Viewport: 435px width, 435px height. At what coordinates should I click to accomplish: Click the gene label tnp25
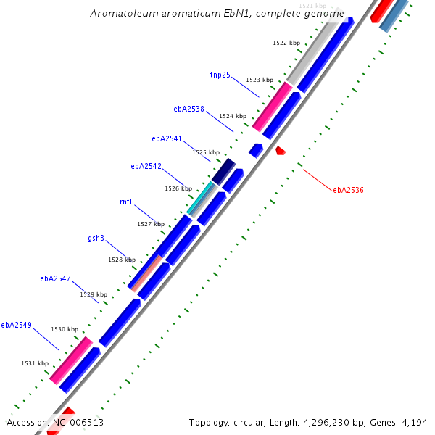point(220,75)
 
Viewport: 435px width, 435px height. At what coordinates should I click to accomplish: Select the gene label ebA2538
point(188,109)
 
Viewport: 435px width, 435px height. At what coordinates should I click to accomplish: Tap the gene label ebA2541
point(167,138)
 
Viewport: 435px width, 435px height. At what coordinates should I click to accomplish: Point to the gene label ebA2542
point(146,166)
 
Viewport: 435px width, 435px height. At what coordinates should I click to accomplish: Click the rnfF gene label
point(126,202)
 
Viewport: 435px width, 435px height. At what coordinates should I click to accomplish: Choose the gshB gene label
point(96,238)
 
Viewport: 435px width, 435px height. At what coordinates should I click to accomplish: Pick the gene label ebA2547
point(55,278)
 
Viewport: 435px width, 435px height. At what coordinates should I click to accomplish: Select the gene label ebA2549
point(16,325)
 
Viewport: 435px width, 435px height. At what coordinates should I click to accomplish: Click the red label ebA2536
point(348,190)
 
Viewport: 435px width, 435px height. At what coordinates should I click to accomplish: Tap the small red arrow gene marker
point(280,151)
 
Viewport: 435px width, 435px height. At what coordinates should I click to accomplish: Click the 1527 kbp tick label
point(151,224)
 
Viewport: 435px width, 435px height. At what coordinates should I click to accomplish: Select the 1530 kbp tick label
point(64,329)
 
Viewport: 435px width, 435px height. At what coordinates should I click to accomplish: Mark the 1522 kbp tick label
point(286,43)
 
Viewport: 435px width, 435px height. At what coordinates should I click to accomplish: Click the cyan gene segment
point(201,197)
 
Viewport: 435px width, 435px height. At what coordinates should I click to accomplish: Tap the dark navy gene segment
point(223,170)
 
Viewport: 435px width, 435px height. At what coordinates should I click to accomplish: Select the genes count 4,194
point(413,422)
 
